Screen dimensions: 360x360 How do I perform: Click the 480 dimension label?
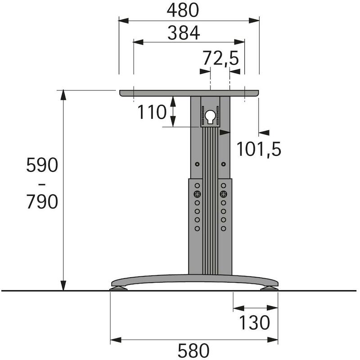point(183,10)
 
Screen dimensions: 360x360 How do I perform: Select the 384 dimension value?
point(184,33)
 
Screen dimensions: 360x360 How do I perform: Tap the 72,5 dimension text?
point(220,58)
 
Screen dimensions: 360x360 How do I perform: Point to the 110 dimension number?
point(152,112)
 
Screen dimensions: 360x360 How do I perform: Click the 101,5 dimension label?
point(259,149)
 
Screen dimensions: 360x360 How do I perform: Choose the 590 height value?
point(42,165)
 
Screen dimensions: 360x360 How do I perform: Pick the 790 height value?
point(42,202)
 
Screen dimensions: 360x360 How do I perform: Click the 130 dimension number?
point(254,323)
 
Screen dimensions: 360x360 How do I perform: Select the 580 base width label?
point(193,351)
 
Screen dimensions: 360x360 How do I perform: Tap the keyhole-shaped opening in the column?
point(210,117)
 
